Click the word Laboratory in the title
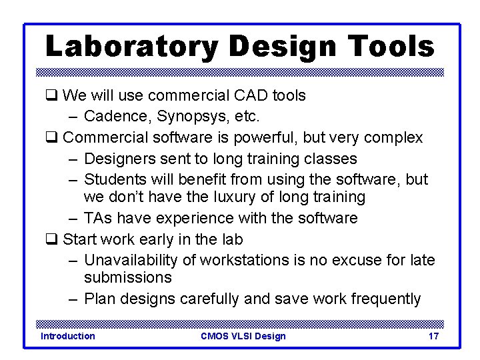[x=131, y=47]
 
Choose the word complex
[x=393, y=138]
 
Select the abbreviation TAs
[x=99, y=218]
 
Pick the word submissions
[x=127, y=277]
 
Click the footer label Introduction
[x=68, y=336]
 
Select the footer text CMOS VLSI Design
[x=243, y=336]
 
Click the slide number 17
[x=433, y=336]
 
